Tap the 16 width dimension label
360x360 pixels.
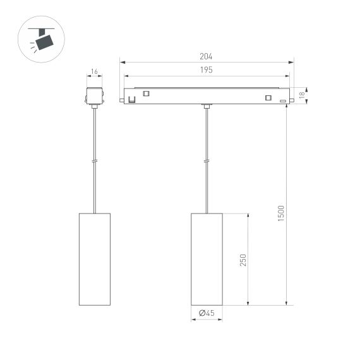click(x=94, y=72)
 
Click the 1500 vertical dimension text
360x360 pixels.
click(x=282, y=213)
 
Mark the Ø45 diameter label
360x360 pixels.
click(x=207, y=313)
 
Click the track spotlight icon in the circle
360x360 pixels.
click(x=43, y=39)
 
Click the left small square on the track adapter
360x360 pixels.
click(x=147, y=93)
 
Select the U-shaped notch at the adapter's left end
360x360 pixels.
click(x=132, y=98)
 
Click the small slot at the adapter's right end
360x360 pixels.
click(x=282, y=100)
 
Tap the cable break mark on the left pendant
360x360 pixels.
click(x=94, y=161)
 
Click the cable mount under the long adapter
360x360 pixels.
click(x=207, y=105)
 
